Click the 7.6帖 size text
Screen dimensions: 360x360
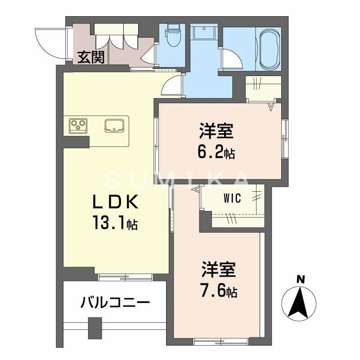click(x=217, y=292)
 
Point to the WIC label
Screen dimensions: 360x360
click(x=232, y=198)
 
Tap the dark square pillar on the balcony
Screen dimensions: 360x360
click(x=94, y=327)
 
